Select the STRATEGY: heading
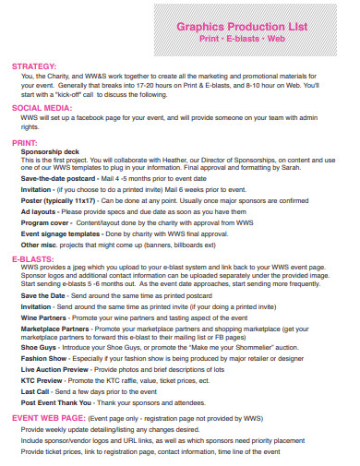tap(34, 66)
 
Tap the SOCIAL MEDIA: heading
tap(42, 108)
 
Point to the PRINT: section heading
tap(25, 143)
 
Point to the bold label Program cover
tap(44, 222)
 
